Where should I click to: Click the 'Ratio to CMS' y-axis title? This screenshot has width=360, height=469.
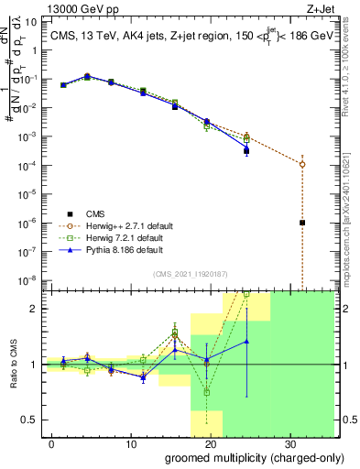click(12, 365)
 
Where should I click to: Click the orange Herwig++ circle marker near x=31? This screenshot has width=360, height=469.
click(302, 164)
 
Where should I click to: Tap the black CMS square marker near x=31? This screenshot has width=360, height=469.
click(302, 223)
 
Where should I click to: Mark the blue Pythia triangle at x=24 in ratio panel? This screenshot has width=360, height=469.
click(246, 341)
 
